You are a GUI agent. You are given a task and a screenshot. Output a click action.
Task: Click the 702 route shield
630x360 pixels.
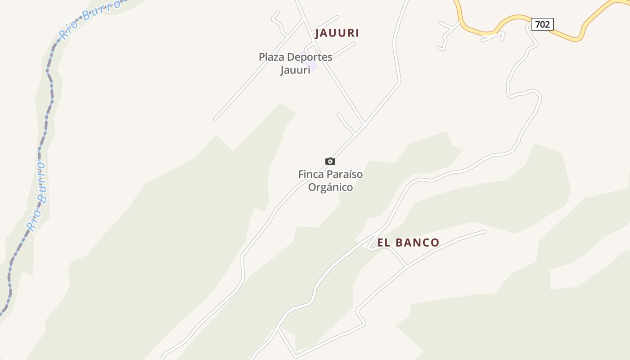pos(542,24)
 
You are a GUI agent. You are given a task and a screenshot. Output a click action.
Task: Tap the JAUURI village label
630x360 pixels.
pos(337,33)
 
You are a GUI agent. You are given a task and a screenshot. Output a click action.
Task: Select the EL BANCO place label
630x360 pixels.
pos(408,243)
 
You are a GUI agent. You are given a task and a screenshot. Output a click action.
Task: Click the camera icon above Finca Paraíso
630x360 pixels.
pos(330,161)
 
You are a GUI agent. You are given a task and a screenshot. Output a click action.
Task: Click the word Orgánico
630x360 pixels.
pos(330,187)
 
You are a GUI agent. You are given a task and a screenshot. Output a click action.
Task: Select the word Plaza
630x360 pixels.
pos(271,57)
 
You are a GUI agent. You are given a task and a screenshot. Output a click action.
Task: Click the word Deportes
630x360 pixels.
pos(310,57)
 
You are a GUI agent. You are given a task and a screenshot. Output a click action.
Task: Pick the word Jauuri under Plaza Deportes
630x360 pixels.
pos(295,70)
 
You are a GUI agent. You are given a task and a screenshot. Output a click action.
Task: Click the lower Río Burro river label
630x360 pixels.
pos(37,197)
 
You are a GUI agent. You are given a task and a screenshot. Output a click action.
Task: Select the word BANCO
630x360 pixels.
pos(417,243)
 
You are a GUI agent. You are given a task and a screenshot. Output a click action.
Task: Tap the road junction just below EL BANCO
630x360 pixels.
pos(406,266)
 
